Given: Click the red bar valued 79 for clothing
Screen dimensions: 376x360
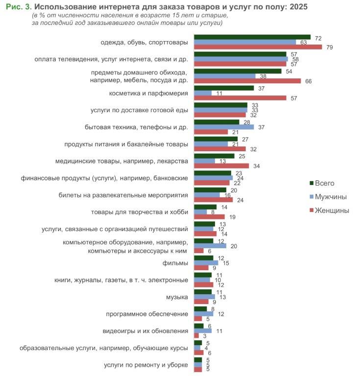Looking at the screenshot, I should pos(258,47).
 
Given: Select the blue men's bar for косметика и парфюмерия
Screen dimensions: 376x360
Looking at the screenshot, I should pos(203,93).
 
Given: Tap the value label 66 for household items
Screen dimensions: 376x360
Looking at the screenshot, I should pos(309,81).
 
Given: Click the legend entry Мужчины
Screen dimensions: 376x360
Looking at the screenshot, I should pos(331,197).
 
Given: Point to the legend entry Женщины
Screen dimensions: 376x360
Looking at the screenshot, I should pos(332,211).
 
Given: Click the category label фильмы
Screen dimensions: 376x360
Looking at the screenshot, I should pos(175,263).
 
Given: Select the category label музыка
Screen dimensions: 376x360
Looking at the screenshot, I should pos(177,297).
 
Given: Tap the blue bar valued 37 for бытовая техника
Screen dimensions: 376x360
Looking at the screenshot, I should pos(224,127).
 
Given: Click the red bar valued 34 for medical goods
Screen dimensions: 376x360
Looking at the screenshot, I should pos(221,166).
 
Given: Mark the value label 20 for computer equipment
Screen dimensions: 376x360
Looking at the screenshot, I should pos(234,246).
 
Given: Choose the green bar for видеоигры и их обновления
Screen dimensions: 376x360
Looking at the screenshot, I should pos(198,326).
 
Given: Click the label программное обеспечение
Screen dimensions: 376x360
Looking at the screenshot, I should pos(147,313).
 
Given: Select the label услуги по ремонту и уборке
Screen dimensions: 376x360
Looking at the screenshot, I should pos(146,365).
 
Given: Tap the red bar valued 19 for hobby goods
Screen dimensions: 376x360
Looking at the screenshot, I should pos(209,216).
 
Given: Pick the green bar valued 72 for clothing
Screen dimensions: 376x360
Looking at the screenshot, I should pos(252,37).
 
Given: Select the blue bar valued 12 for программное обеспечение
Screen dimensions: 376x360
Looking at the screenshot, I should pos(204,313).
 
